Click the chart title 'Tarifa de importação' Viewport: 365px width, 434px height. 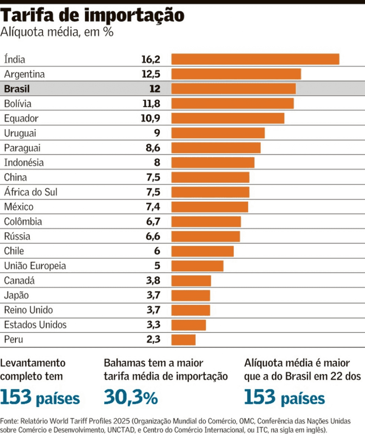tap(93, 16)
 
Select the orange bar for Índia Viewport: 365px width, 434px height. tap(255, 59)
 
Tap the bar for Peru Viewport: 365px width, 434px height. tap(183, 339)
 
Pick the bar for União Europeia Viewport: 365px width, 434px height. tap(197, 266)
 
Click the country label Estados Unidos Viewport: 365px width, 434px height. tap(35, 325)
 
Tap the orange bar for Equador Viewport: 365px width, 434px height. tap(228, 118)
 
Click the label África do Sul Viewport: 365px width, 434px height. tap(31, 192)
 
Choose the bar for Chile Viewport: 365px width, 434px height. tap(202, 251)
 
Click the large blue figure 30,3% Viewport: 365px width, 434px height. tap(131, 398)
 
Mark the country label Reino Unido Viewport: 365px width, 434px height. tap(28, 310)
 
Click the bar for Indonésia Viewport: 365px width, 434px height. tap(212, 162)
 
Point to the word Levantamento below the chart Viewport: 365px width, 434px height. tap(33, 363)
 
